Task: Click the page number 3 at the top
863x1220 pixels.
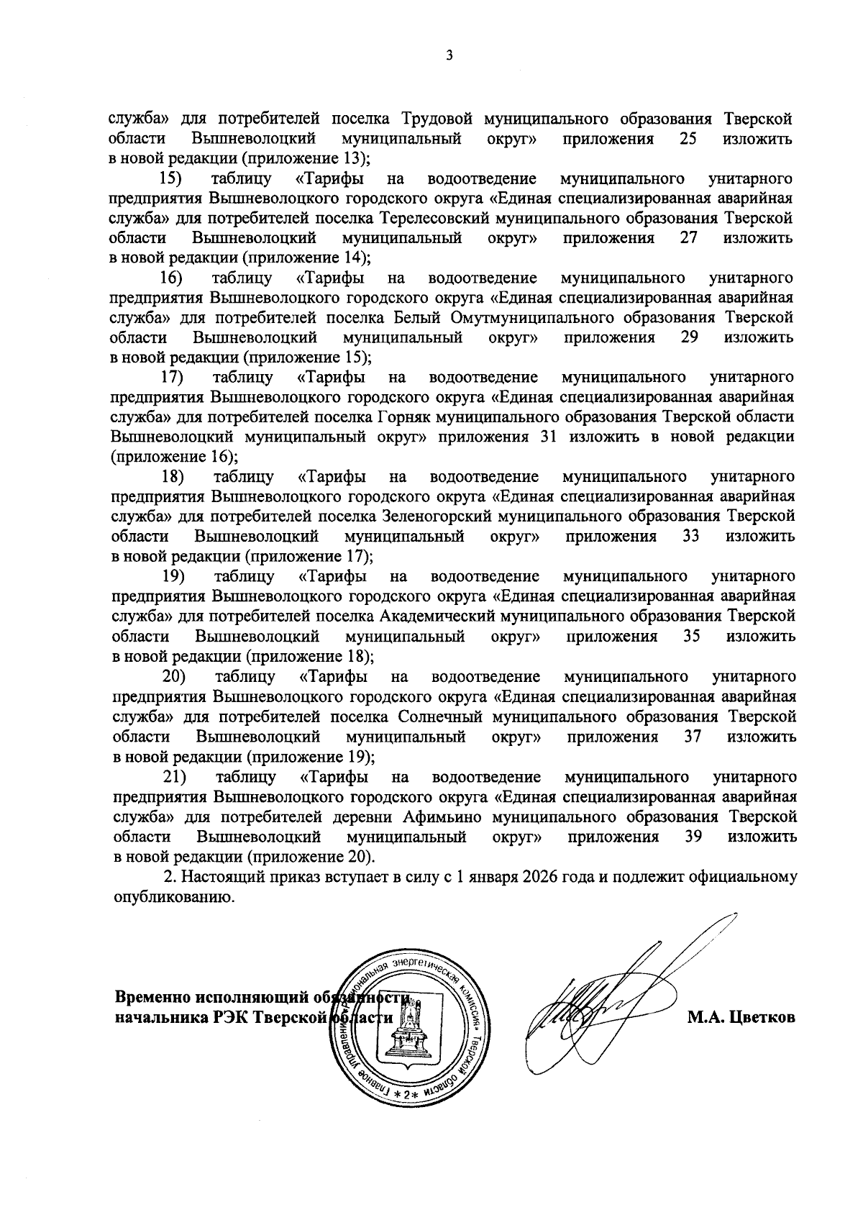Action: (449, 56)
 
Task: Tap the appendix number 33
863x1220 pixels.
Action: (691, 536)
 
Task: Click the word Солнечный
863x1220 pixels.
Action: (440, 716)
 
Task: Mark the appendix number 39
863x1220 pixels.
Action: (693, 837)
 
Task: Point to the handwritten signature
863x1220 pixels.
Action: (597, 1007)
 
